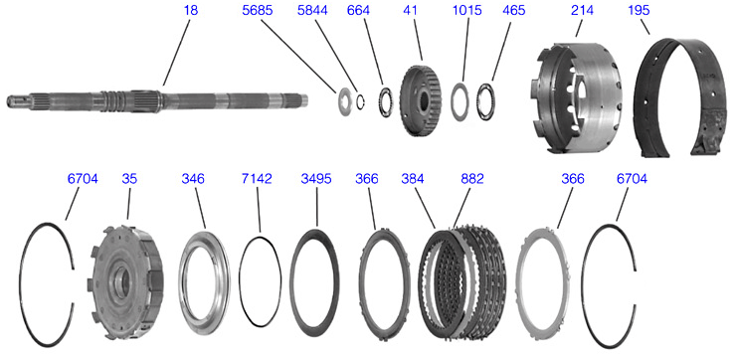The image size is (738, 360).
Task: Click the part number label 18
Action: click(191, 10)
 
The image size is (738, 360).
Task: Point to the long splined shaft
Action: click(157, 100)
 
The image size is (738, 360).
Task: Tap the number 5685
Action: click(257, 10)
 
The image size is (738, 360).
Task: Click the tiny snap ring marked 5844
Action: click(361, 101)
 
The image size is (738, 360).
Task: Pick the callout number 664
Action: click(358, 10)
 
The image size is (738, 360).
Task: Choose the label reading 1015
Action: click(466, 10)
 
